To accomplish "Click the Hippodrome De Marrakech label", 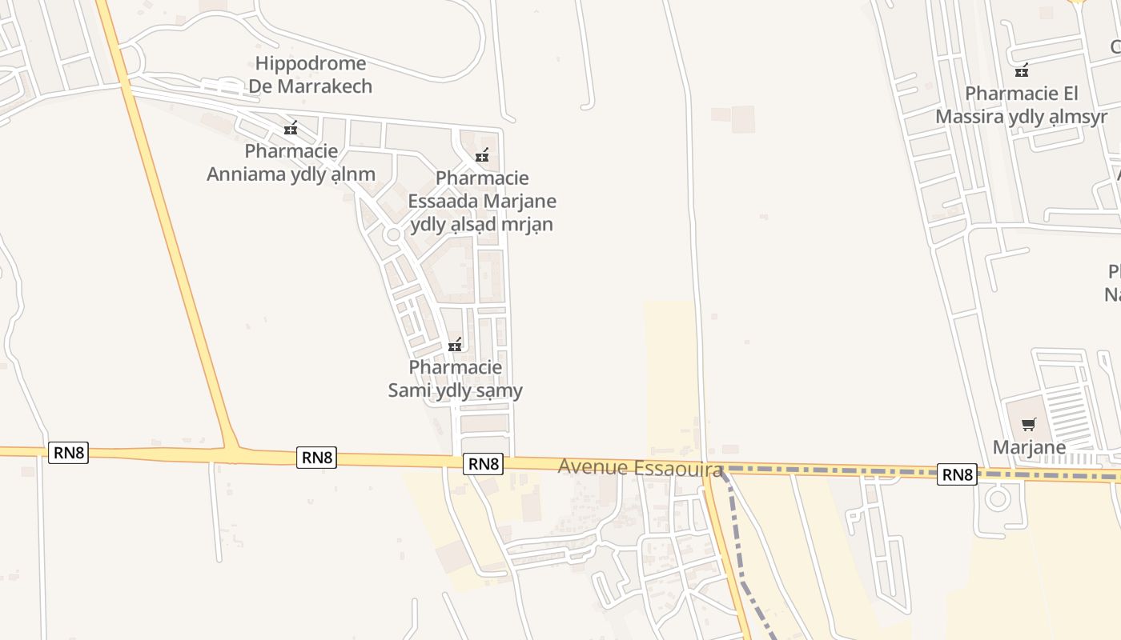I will pyautogui.click(x=311, y=74).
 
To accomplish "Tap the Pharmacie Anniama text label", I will pyautogui.click(x=291, y=162).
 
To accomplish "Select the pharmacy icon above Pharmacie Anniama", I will pyautogui.click(x=291, y=128).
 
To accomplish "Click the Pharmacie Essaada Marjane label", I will pyautogui.click(x=481, y=201).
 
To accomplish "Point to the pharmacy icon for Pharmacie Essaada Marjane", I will pyautogui.click(x=481, y=155).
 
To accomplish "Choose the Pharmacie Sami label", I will pyautogui.click(x=455, y=378).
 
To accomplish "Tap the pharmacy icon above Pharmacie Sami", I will pyautogui.click(x=455, y=345).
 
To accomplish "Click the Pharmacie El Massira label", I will pyautogui.click(x=1021, y=105).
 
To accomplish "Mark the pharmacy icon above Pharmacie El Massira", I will pyautogui.click(x=1022, y=70).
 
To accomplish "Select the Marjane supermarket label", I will pyautogui.click(x=1029, y=446).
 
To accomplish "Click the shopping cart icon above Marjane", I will pyautogui.click(x=1028, y=424).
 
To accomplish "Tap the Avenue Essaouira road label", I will pyautogui.click(x=641, y=467).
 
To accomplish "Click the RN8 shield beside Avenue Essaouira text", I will pyautogui.click(x=484, y=463).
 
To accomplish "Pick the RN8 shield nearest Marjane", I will pyautogui.click(x=957, y=474).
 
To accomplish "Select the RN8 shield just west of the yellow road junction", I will pyautogui.click(x=69, y=452).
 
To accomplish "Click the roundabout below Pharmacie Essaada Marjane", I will pyautogui.click(x=393, y=235).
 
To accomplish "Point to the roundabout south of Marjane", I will pyautogui.click(x=997, y=500).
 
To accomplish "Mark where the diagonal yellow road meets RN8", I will pyautogui.click(x=231, y=453).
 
